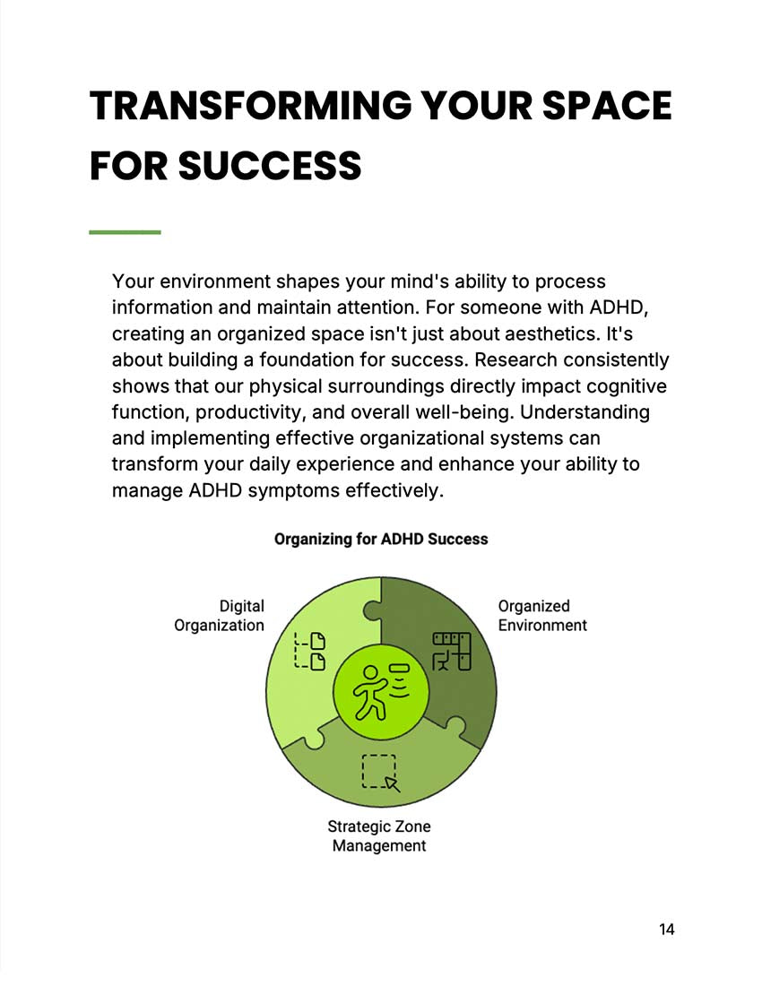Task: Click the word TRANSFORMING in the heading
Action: [x=249, y=106]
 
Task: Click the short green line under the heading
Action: [x=125, y=232]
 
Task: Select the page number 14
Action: [x=666, y=929]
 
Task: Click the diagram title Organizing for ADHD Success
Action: [x=380, y=539]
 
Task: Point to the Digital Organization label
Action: [x=220, y=616]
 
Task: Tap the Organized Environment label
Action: [x=541, y=616]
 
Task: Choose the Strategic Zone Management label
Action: [x=378, y=835]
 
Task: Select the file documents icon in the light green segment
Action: [x=310, y=651]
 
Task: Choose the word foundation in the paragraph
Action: [x=304, y=359]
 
